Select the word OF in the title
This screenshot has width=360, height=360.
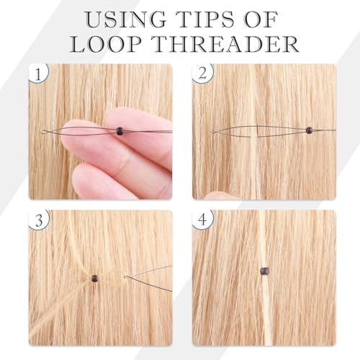click(261, 19)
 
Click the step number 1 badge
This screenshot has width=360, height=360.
click(38, 73)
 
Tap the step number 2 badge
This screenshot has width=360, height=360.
click(202, 73)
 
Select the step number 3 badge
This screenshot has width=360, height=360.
click(39, 220)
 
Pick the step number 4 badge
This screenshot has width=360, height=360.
click(202, 220)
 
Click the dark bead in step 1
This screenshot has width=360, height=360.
click(120, 131)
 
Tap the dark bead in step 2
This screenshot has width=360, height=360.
click(309, 130)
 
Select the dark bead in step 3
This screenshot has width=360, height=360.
click(95, 279)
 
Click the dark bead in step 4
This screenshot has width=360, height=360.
click(264, 271)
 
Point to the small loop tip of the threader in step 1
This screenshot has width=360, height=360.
click(43, 132)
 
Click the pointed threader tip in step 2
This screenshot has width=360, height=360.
click(212, 131)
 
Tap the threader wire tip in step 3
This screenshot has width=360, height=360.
click(125, 277)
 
